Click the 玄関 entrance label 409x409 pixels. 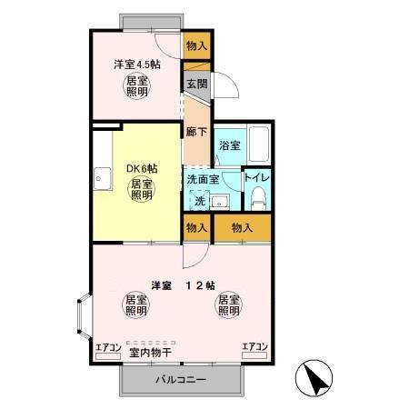pyautogui.click(x=195, y=84)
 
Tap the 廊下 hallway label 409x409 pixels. pyautogui.click(x=195, y=131)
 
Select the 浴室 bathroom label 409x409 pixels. pyautogui.click(x=228, y=145)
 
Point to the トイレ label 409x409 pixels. pyautogui.click(x=256, y=178)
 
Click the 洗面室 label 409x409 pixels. pyautogui.click(x=203, y=178)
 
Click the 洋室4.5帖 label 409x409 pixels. pyautogui.click(x=137, y=65)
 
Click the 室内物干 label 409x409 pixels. pyautogui.click(x=151, y=352)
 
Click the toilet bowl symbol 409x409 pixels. pyautogui.click(x=256, y=197)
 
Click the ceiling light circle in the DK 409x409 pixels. pyautogui.click(x=140, y=191)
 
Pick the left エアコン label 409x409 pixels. pyautogui.click(x=108, y=347)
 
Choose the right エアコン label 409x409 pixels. pyautogui.click(x=254, y=346)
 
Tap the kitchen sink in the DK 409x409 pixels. pyautogui.click(x=100, y=176)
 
